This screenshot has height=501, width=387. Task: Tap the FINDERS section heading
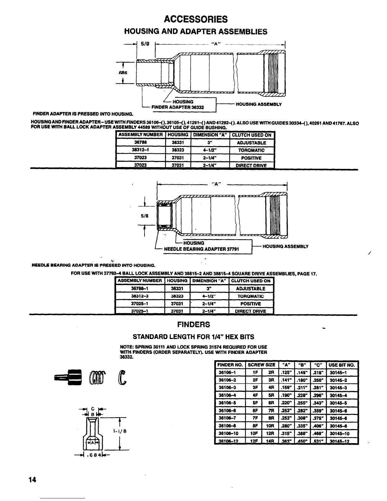193,325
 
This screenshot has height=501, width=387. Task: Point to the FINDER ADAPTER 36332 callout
178,107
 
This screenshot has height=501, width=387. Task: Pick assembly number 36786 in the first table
140,143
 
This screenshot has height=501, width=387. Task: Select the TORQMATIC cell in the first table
251,150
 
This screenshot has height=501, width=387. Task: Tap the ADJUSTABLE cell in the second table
251,288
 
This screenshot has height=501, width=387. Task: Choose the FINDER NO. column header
230,365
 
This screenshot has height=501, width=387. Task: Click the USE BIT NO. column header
342,365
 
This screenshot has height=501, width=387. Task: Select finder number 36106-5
227,403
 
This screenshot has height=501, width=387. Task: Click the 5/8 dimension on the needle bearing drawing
144,216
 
